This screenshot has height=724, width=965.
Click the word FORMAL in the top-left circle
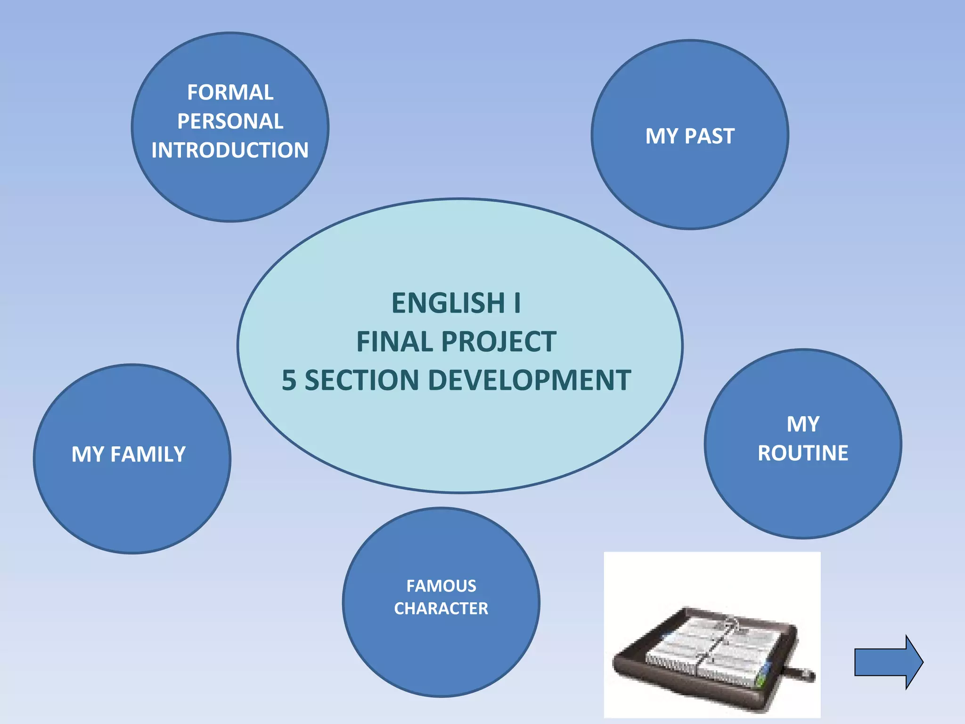(x=230, y=92)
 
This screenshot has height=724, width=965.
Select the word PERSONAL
(x=230, y=122)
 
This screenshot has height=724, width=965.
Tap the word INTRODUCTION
(x=230, y=150)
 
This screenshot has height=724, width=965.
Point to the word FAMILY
(x=148, y=454)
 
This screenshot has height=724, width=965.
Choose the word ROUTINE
(x=803, y=453)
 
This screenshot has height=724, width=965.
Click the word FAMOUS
(x=441, y=586)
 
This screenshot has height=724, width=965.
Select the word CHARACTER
(x=441, y=609)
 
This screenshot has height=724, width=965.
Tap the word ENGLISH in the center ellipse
(x=448, y=303)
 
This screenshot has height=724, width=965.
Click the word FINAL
(x=395, y=342)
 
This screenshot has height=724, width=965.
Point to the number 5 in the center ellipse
(x=289, y=380)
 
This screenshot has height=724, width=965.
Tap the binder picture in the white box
(x=712, y=653)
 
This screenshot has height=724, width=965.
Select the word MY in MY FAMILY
(x=87, y=454)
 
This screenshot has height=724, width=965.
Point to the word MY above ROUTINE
(x=803, y=424)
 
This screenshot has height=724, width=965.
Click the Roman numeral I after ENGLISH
(x=517, y=303)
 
